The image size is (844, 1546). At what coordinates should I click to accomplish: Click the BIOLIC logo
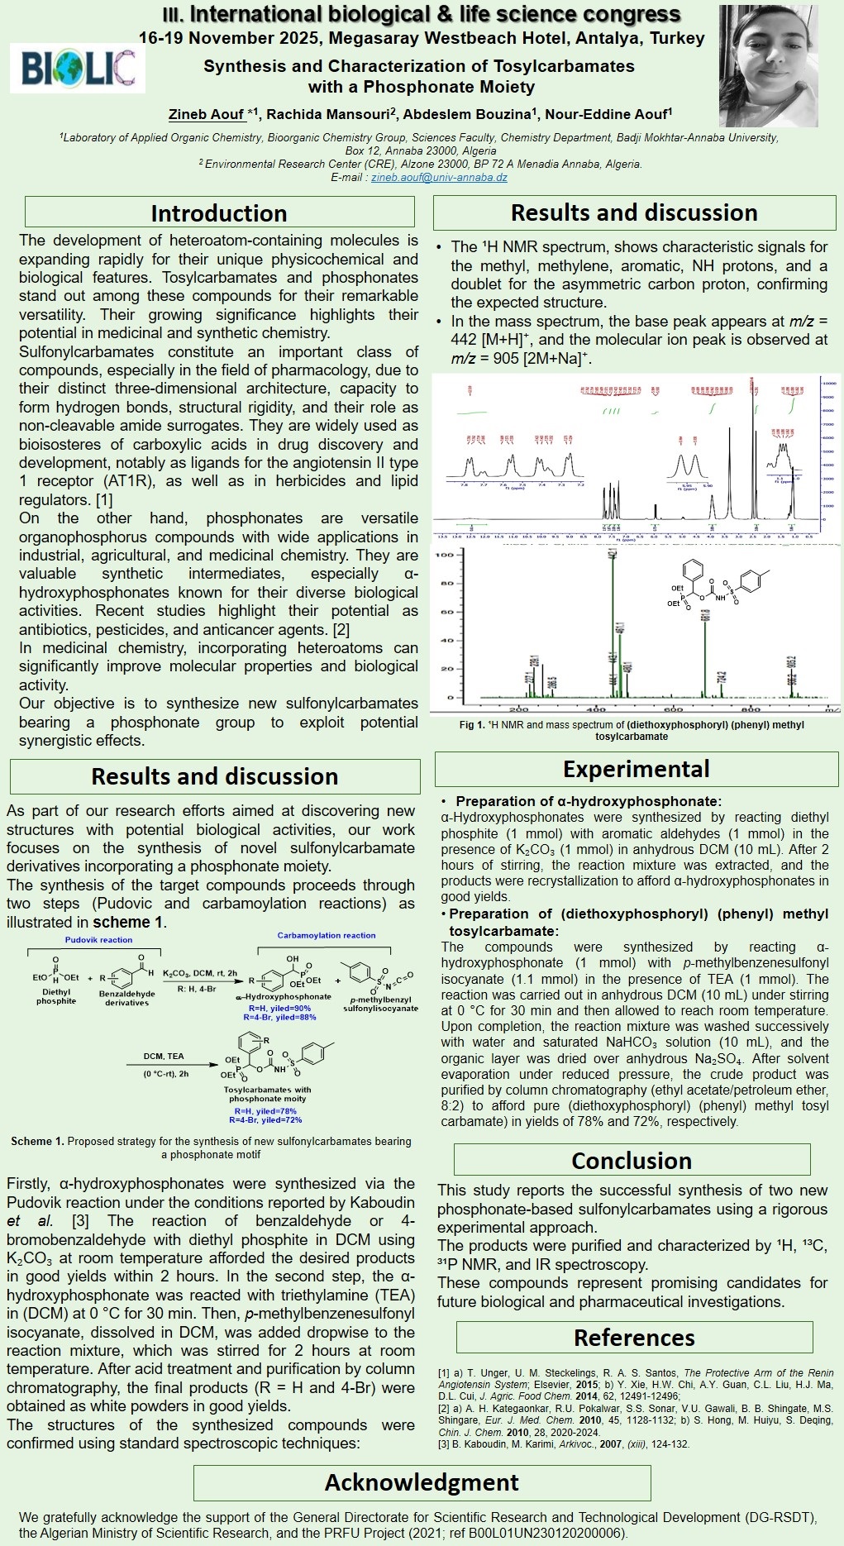pos(78,68)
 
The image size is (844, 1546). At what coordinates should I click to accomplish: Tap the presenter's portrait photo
pos(768,66)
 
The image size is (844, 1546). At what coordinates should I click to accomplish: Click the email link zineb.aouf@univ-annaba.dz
pos(439,177)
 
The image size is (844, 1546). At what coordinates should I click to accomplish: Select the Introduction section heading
pos(219,212)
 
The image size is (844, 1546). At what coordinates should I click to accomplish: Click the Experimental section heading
pos(636,769)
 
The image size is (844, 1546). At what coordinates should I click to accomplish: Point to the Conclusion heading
pos(632,1161)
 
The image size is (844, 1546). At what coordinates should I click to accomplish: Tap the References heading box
pos(634,1338)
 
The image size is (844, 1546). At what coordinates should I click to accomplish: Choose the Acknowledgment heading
pos(422,1482)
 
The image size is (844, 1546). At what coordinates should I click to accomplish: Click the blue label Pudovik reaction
pos(98,940)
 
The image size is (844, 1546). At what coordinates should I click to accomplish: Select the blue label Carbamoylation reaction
pos(327,935)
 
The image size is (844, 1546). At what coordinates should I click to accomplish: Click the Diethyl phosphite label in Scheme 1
pos(56,996)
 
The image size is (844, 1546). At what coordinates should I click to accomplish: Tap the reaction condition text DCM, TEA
pos(164,1057)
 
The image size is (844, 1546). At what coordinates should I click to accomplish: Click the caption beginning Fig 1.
pos(632,730)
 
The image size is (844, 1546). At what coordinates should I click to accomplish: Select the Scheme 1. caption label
pos(37,1141)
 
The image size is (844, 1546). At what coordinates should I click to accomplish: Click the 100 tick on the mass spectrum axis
pos(445,555)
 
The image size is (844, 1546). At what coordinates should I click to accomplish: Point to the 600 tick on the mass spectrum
pos(673,709)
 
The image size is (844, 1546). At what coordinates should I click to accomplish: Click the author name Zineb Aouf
pos(207,114)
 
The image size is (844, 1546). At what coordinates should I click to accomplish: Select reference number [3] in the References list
pos(444,1444)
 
